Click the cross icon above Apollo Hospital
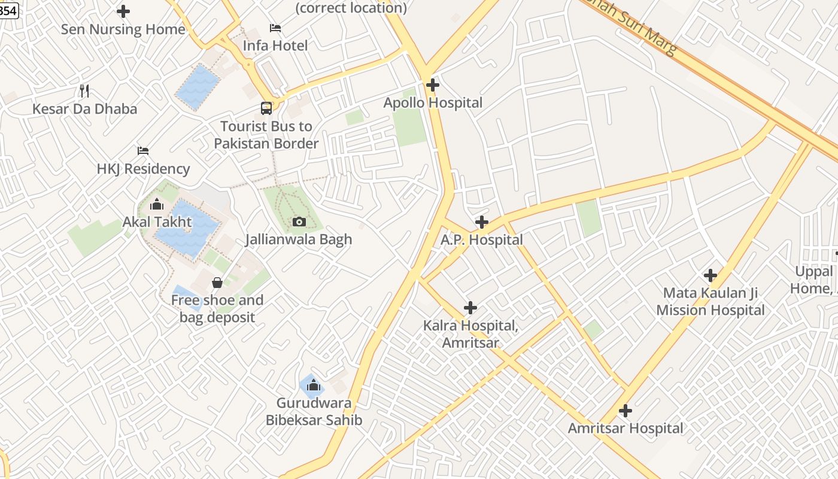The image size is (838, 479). click(432, 85)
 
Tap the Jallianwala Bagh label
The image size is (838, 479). click(299, 239)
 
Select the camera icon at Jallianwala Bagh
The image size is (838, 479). click(299, 222)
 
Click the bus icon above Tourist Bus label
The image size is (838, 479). click(266, 108)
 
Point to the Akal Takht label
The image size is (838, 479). click(157, 222)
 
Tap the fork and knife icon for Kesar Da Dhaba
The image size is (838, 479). click(84, 91)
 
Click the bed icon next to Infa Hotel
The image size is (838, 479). click(275, 28)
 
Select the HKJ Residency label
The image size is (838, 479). click(143, 169)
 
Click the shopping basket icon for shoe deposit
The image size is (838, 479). click(217, 283)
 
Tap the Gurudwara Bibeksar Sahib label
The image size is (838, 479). click(314, 411)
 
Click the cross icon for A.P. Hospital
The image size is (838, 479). click(481, 223)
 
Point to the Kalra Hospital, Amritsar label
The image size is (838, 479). click(470, 334)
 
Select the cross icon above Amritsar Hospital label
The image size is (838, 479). click(626, 411)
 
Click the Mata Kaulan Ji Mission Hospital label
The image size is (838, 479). click(711, 301)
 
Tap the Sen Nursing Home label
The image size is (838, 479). click(123, 29)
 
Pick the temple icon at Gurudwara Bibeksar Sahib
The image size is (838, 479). click(312, 386)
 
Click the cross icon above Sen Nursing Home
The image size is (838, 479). click(123, 11)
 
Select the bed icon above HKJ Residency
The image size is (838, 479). click(142, 151)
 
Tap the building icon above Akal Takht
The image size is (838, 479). click(157, 205)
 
